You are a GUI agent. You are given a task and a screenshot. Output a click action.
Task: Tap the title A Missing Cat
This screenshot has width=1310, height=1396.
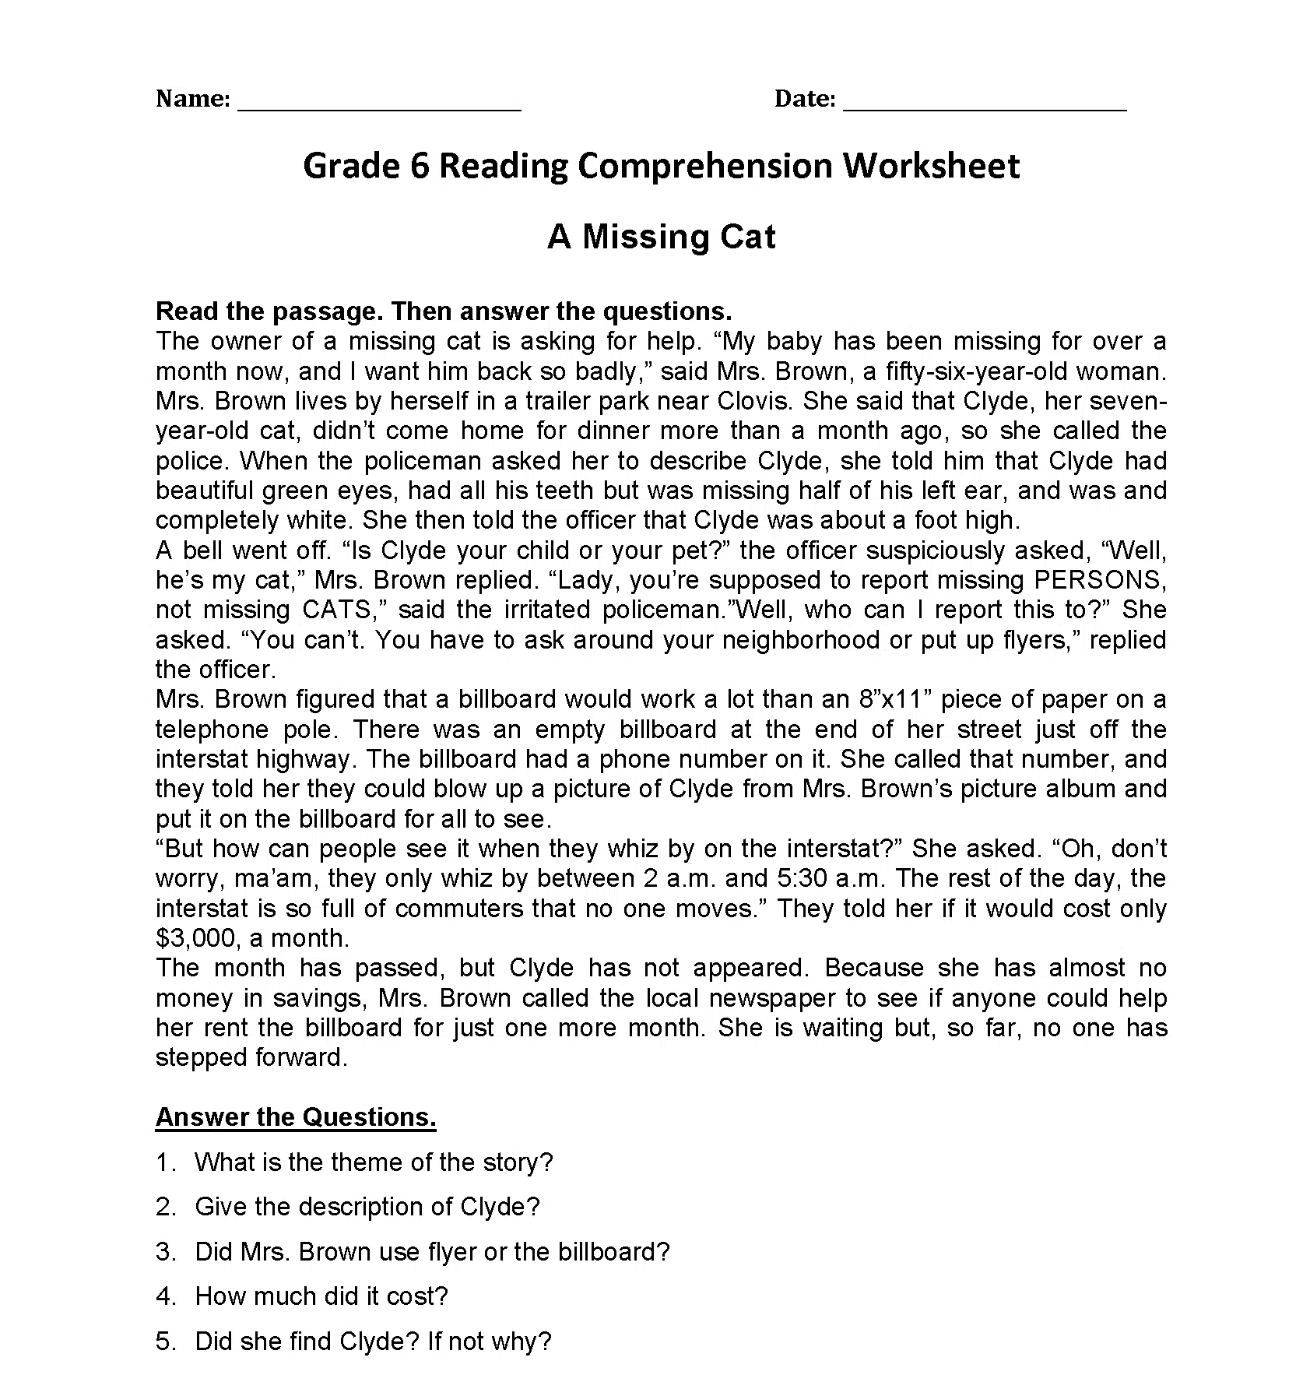click(x=661, y=237)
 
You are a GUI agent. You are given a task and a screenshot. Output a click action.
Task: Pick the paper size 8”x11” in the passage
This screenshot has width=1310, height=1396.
click(x=895, y=699)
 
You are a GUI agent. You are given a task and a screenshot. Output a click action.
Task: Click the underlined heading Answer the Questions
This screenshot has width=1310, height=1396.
click(x=296, y=1117)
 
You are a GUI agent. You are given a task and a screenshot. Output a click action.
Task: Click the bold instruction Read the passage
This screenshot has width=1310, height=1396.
click(x=444, y=311)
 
